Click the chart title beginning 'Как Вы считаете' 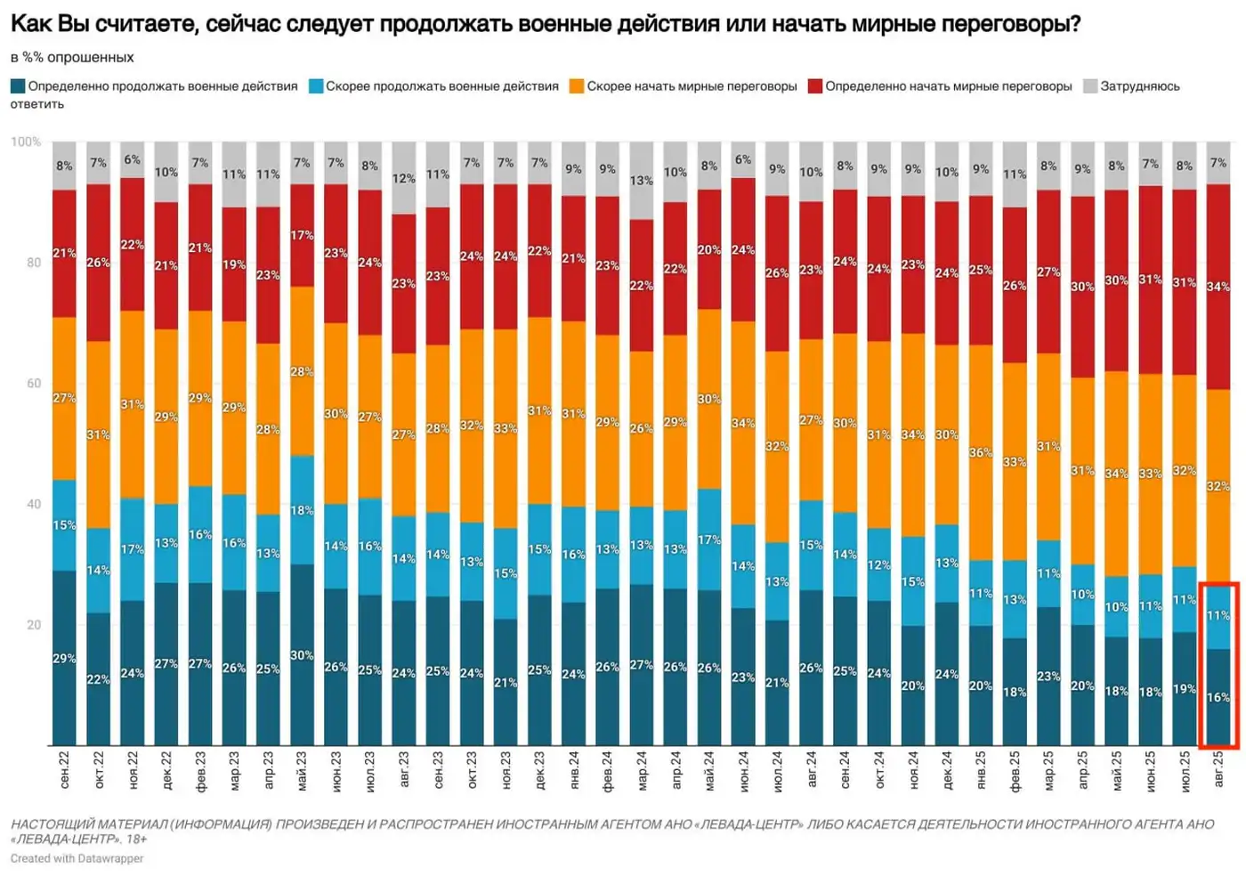[545, 24]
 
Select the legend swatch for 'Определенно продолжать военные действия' [18, 86]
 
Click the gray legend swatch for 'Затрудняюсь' [1090, 86]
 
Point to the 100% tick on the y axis [26, 142]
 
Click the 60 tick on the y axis [33, 384]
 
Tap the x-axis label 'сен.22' [64, 770]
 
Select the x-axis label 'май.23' [302, 770]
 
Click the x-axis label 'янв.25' [981, 770]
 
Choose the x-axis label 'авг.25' [1218, 770]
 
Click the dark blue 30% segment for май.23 [302, 655]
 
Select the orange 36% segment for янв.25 [981, 452]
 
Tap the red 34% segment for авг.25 [1218, 287]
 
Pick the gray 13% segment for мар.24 [641, 181]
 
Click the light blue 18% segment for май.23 [302, 510]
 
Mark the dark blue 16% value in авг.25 [1218, 697]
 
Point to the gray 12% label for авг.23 [403, 178]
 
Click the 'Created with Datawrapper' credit [77, 859]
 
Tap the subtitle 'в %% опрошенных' [72, 57]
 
